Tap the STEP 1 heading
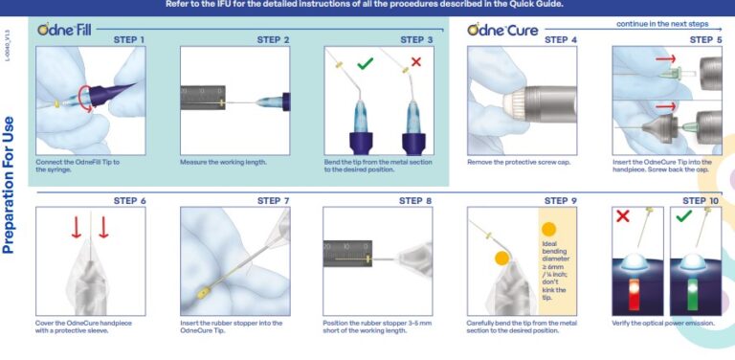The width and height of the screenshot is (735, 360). click(x=129, y=40)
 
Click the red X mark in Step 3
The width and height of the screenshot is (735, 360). click(x=414, y=62)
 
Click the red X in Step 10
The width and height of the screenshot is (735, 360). click(x=623, y=217)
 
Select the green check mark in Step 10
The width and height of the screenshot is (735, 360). click(x=683, y=217)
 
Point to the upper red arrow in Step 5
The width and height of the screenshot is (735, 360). click(x=666, y=60)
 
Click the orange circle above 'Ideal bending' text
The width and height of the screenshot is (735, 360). click(x=548, y=229)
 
